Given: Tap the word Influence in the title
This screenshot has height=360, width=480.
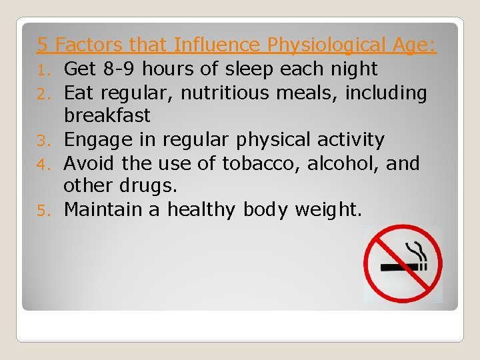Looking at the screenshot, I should (216, 45).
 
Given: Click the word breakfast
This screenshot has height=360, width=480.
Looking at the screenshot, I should (107, 116).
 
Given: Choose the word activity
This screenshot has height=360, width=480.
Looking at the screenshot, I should (351, 139).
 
